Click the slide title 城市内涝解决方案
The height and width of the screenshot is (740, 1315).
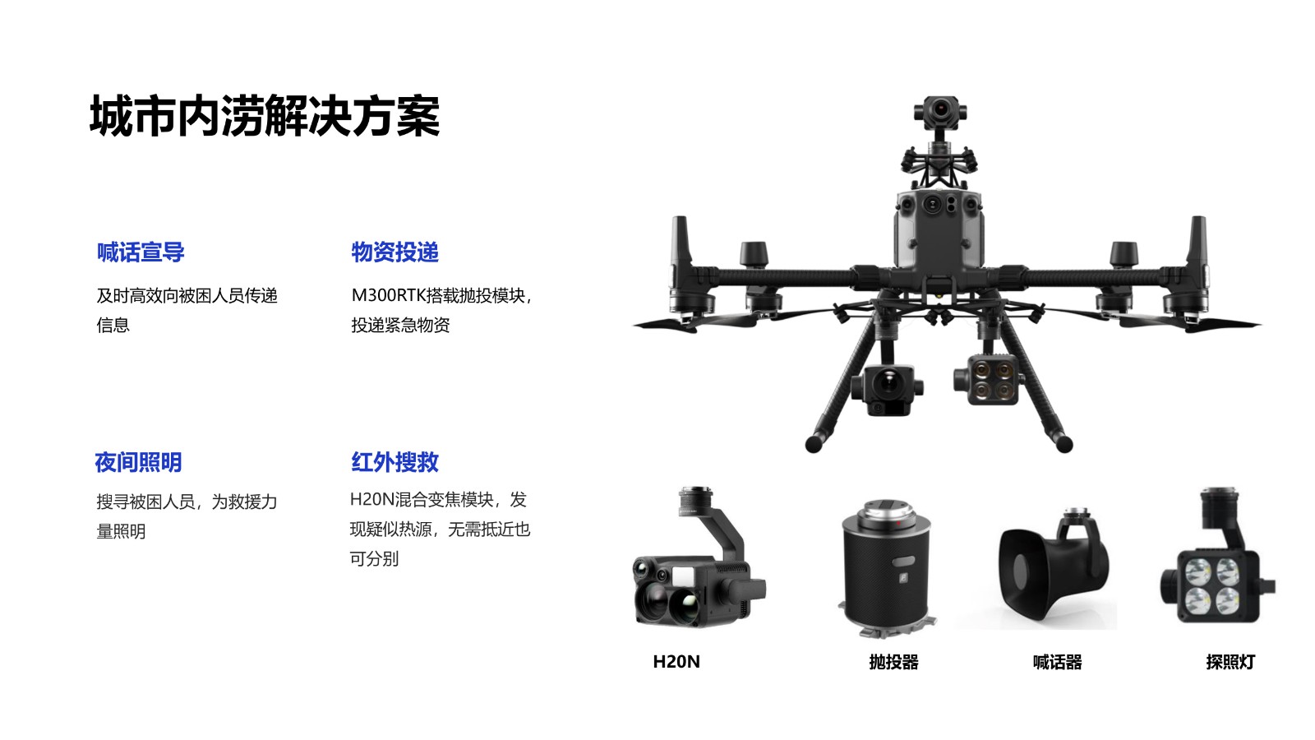tap(264, 116)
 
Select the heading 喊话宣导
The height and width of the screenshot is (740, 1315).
tap(141, 252)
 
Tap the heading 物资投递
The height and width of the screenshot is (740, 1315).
tap(395, 252)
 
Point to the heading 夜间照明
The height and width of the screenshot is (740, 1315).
tap(139, 462)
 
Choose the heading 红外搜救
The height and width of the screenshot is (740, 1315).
tap(395, 462)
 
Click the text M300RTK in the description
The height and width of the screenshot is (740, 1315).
tap(388, 295)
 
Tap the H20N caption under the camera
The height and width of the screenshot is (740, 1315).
tap(676, 662)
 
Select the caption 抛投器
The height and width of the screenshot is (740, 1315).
tap(893, 662)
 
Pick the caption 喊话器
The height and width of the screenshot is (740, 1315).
tap(1057, 662)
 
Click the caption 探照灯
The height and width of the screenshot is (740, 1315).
tap(1230, 662)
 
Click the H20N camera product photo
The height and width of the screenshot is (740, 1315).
tap(699, 558)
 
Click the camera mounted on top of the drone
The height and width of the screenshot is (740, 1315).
tap(940, 112)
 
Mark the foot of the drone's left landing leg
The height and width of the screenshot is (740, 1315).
tap(814, 444)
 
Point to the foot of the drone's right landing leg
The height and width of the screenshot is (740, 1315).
tap(1064, 444)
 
